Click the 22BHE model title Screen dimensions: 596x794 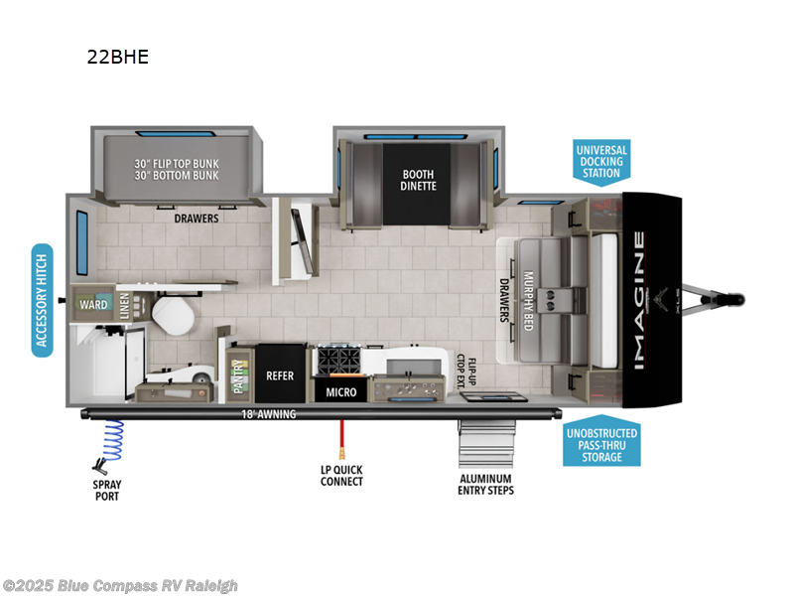pos(117,57)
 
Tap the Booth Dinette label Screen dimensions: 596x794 pos(418,180)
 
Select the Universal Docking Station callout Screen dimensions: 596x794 pos(601,162)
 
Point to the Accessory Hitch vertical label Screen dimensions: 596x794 pos(42,299)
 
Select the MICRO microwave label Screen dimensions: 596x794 pos(341,392)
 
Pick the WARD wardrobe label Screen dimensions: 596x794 pos(93,304)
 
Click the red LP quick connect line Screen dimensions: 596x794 pos(340,438)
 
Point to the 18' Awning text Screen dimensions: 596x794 pos(269,414)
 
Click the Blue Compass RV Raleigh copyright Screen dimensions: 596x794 pos(120,586)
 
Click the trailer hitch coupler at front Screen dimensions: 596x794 pos(734,298)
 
